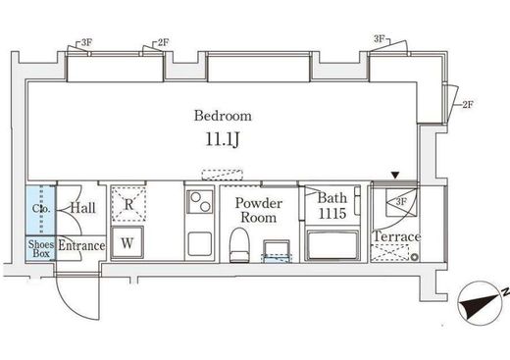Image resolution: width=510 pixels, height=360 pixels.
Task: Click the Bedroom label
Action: pos(223,116)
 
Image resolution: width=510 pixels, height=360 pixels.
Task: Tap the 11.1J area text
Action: pos(223,139)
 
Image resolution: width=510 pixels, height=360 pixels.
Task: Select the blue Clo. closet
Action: pos(41,210)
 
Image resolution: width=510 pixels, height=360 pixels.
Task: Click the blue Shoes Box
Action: pos(41,248)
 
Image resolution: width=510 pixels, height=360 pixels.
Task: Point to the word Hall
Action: pos(83,208)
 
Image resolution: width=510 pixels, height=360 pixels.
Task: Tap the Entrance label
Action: pos(81,245)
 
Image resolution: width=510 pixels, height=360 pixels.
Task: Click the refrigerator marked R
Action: pos(128,203)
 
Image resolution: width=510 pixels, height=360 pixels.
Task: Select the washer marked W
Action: pos(127,242)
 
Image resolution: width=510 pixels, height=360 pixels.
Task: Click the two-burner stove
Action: pos(200,202)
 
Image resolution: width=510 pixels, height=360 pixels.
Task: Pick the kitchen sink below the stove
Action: pos(200,244)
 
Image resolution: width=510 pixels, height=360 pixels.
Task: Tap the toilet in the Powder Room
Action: pos(239,245)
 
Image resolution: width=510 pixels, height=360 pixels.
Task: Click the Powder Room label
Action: pos(258,210)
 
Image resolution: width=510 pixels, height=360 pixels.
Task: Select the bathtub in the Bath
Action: pos(332,245)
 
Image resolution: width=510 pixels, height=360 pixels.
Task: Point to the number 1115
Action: pos(331,214)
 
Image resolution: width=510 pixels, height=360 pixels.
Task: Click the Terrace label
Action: pos(396,236)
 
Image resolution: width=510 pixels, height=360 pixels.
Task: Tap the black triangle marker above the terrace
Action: pos(395,176)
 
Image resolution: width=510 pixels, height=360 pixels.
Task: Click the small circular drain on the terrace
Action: pos(415,257)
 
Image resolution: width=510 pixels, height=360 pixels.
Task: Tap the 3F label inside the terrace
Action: pos(401,202)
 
